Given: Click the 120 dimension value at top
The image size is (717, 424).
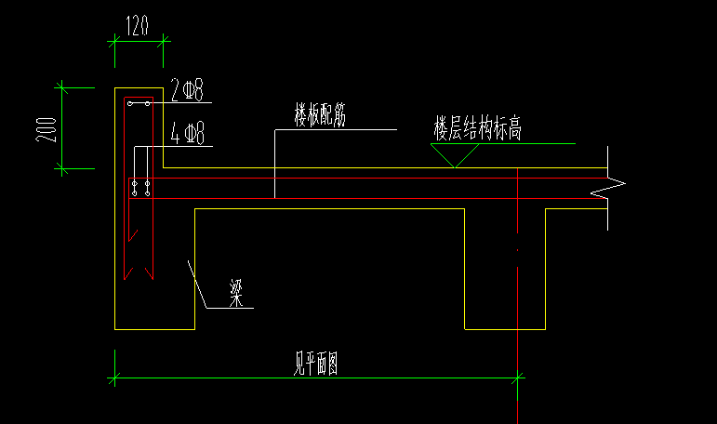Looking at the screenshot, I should click(138, 27).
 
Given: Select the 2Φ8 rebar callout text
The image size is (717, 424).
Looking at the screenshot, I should click(187, 90).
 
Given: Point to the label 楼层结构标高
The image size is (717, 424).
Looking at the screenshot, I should click(477, 128).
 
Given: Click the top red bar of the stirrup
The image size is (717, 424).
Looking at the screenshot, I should click(139, 98).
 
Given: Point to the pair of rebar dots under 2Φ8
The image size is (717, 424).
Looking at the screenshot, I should click(139, 105).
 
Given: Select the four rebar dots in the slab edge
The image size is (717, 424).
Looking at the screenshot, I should click(141, 189).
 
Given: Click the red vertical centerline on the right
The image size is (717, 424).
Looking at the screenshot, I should click(517, 279).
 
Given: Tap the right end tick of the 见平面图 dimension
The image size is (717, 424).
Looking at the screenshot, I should click(517, 378).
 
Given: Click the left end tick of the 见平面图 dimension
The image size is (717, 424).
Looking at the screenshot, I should click(114, 378).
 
